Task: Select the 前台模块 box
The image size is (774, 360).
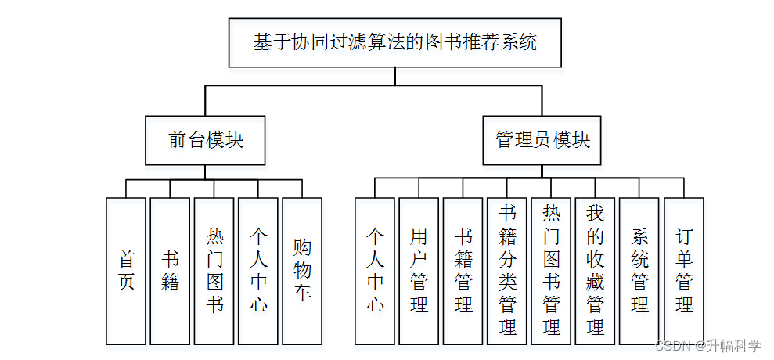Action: click(206, 141)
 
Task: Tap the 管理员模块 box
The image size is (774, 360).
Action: click(542, 141)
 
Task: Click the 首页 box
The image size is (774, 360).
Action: click(126, 271)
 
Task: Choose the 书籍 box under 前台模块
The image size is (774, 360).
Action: click(170, 271)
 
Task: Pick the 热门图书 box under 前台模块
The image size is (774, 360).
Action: click(214, 271)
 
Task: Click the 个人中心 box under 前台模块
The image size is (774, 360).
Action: click(258, 271)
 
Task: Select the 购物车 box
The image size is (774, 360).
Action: click(302, 271)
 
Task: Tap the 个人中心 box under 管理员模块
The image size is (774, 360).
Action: click(375, 271)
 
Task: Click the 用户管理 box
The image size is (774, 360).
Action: click(419, 271)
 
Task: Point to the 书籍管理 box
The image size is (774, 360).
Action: click(463, 271)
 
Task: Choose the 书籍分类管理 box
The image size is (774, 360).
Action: click(507, 271)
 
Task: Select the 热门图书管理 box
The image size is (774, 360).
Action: click(551, 271)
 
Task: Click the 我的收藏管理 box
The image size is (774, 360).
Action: click(596, 271)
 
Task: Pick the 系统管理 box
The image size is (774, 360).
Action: click(639, 271)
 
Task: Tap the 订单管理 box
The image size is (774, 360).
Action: click(684, 271)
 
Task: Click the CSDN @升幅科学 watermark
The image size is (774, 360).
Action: click(708, 346)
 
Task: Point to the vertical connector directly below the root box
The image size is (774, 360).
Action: click(395, 76)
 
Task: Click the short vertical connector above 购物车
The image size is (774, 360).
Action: click(302, 189)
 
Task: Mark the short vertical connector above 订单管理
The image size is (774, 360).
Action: click(684, 188)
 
